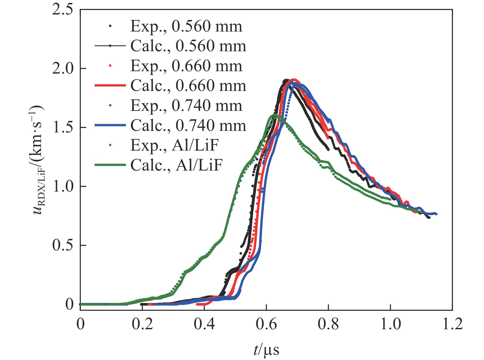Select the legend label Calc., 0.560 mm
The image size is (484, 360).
click(x=188, y=46)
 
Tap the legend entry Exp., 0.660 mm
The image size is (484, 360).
click(x=186, y=66)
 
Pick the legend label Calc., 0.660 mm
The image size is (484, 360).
click(x=188, y=86)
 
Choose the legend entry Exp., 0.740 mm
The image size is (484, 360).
click(x=186, y=106)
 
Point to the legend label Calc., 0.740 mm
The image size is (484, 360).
click(x=188, y=126)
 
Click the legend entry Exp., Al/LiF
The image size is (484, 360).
click(x=174, y=145)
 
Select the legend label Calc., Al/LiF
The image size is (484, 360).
click(x=176, y=165)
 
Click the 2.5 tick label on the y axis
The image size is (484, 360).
click(x=63, y=10)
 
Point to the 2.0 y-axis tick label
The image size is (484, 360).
click(x=63, y=69)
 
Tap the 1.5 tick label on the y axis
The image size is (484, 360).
click(x=63, y=127)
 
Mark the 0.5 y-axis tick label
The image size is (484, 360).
click(x=63, y=245)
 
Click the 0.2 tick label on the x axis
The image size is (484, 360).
click(x=142, y=324)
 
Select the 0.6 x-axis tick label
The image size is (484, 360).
click(x=266, y=324)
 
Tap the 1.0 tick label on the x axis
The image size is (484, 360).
click(x=391, y=324)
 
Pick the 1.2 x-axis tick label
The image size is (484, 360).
click(x=452, y=324)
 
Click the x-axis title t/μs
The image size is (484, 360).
click(x=266, y=350)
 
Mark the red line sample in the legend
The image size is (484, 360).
click(x=110, y=86)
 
